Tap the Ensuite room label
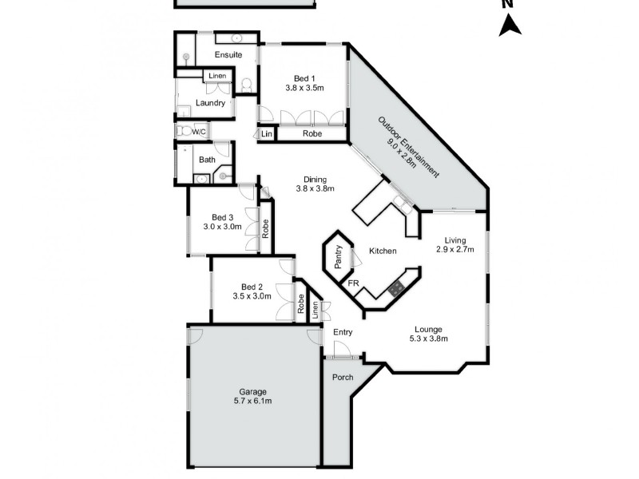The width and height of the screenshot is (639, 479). [x=228, y=55]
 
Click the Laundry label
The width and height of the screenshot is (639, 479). [x=210, y=103]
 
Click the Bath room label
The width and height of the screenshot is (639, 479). [x=207, y=160]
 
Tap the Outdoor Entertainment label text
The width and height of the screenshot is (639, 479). [x=407, y=146]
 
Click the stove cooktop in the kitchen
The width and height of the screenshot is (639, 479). [x=395, y=287]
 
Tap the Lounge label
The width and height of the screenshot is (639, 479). [x=427, y=328]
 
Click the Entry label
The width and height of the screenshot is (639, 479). [x=343, y=332]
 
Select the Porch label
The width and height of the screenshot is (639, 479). [x=342, y=377]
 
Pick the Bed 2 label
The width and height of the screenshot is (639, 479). [x=252, y=287]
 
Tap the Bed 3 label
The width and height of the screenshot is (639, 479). [x=223, y=216]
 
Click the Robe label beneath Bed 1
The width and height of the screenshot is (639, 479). [x=312, y=134]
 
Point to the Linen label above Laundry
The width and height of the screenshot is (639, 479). [x=216, y=77]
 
